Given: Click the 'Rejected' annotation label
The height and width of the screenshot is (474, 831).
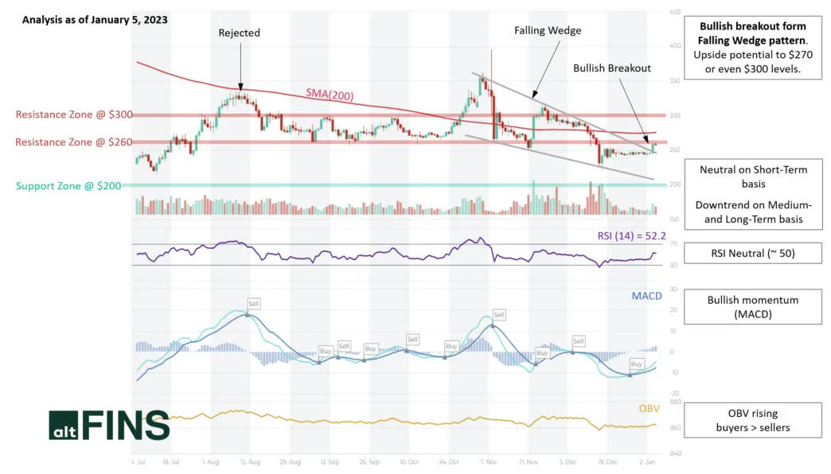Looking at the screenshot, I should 240,33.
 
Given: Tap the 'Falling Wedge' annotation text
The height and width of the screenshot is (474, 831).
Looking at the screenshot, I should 548,30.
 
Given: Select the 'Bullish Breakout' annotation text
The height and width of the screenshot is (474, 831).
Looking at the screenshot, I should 612,68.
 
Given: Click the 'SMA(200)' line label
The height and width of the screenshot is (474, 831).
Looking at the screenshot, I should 330,95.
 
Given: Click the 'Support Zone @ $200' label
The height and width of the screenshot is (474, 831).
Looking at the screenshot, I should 68,185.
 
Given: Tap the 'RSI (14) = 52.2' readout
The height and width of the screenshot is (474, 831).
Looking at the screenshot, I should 629,235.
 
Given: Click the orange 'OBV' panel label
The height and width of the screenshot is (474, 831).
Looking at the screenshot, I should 650,408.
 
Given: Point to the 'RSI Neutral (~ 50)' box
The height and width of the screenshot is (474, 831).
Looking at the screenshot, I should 752,254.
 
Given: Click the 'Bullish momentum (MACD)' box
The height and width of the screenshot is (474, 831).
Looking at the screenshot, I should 752,307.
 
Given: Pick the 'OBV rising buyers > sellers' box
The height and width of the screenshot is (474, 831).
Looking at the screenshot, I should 752,420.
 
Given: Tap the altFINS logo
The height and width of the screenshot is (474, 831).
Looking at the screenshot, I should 109,425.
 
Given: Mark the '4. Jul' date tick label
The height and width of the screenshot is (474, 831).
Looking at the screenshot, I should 138,460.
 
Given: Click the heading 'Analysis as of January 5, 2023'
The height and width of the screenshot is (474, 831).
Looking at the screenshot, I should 95,20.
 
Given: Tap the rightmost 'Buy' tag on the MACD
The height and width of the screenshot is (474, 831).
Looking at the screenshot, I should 636,363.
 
